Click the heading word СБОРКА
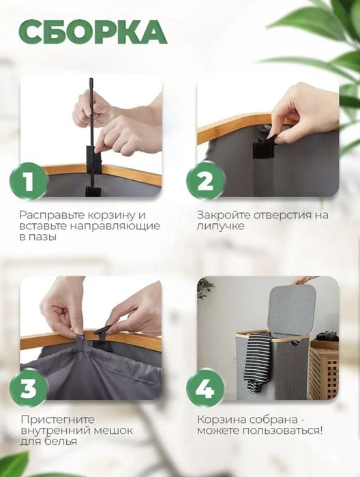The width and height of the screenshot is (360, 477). pos(93,31)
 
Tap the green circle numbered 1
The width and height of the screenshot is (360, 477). pos(29,182)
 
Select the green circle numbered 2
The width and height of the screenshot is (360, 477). pos(205,182)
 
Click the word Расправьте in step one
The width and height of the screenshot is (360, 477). pos(52,215)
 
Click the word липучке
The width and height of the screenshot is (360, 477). pos(220,227)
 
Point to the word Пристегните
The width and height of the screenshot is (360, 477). pos(58,420)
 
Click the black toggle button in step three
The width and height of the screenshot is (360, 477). pos(103,330)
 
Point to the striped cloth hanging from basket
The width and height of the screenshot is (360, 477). pos(258,361)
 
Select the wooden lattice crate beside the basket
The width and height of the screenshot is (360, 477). pos(324,370)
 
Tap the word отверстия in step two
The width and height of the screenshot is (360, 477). pos(282,215)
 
